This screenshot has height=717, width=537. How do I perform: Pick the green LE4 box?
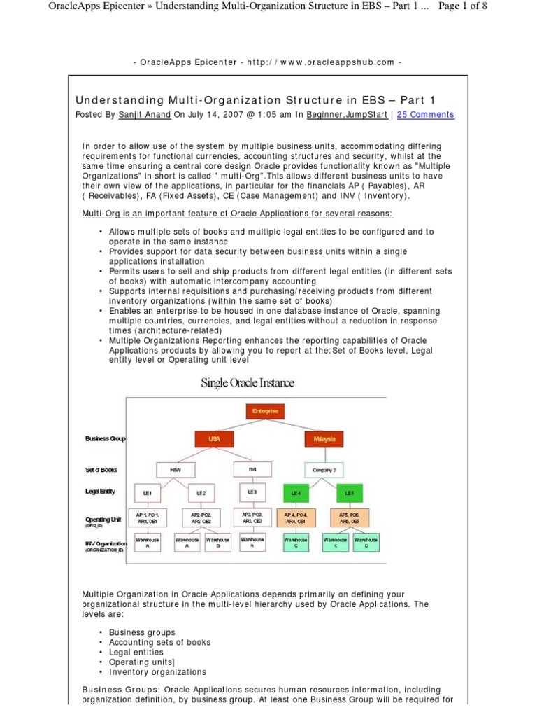(296, 494)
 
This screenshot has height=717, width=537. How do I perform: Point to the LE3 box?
(252, 492)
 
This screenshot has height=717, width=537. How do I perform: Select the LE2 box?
(201, 493)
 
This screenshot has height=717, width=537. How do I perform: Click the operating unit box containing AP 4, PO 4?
(296, 518)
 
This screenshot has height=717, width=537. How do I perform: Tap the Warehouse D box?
(366, 543)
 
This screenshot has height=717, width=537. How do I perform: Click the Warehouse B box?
(217, 543)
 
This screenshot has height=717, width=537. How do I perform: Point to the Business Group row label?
(106, 439)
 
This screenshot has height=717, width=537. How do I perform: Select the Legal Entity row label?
(101, 492)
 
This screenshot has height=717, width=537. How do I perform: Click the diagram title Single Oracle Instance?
(248, 383)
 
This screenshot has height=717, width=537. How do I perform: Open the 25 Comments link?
(425, 114)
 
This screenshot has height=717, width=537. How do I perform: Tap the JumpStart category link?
(366, 114)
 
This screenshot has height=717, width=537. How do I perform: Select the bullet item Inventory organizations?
(158, 671)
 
